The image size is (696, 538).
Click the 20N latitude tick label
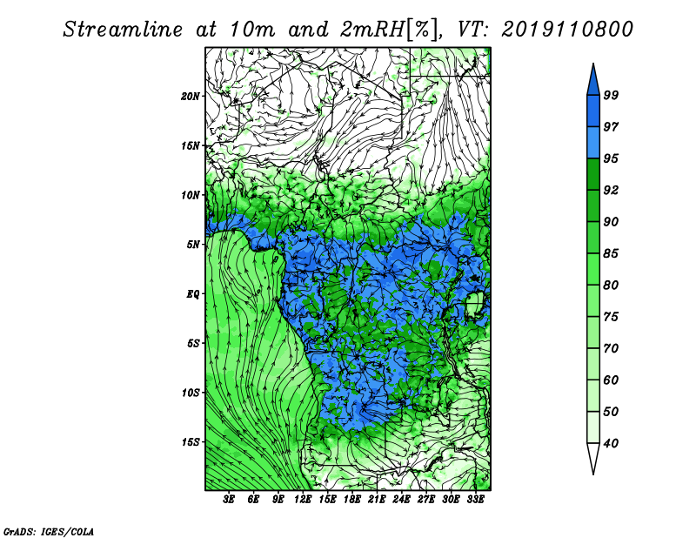pyautogui.click(x=191, y=96)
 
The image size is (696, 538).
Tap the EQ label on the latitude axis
pyautogui.click(x=193, y=294)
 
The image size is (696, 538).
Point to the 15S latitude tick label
pyautogui.click(x=191, y=442)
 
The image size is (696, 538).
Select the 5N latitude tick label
pyautogui.click(x=193, y=245)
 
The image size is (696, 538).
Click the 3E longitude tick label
pyautogui.click(x=229, y=500)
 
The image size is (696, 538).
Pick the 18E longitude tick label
pyautogui.click(x=352, y=500)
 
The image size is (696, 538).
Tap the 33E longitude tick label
pyautogui.click(x=475, y=500)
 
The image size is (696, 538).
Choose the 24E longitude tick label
pyautogui.click(x=401, y=500)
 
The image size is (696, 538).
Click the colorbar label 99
pyautogui.click(x=611, y=95)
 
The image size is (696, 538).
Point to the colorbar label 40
pyautogui.click(x=611, y=443)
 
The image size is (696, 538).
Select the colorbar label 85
pyautogui.click(x=611, y=253)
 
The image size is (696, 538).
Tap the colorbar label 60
pyautogui.click(x=611, y=380)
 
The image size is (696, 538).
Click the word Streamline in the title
pyautogui.click(x=123, y=30)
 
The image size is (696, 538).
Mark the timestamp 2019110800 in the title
pyautogui.click(x=567, y=30)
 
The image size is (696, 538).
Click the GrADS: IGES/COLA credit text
pyautogui.click(x=49, y=531)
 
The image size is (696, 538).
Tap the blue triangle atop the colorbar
pyautogui.click(x=593, y=80)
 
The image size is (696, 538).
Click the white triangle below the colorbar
pyautogui.click(x=593, y=458)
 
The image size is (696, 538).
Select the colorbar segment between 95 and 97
pyautogui.click(x=593, y=143)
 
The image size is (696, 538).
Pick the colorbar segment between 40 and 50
pyautogui.click(x=593, y=427)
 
